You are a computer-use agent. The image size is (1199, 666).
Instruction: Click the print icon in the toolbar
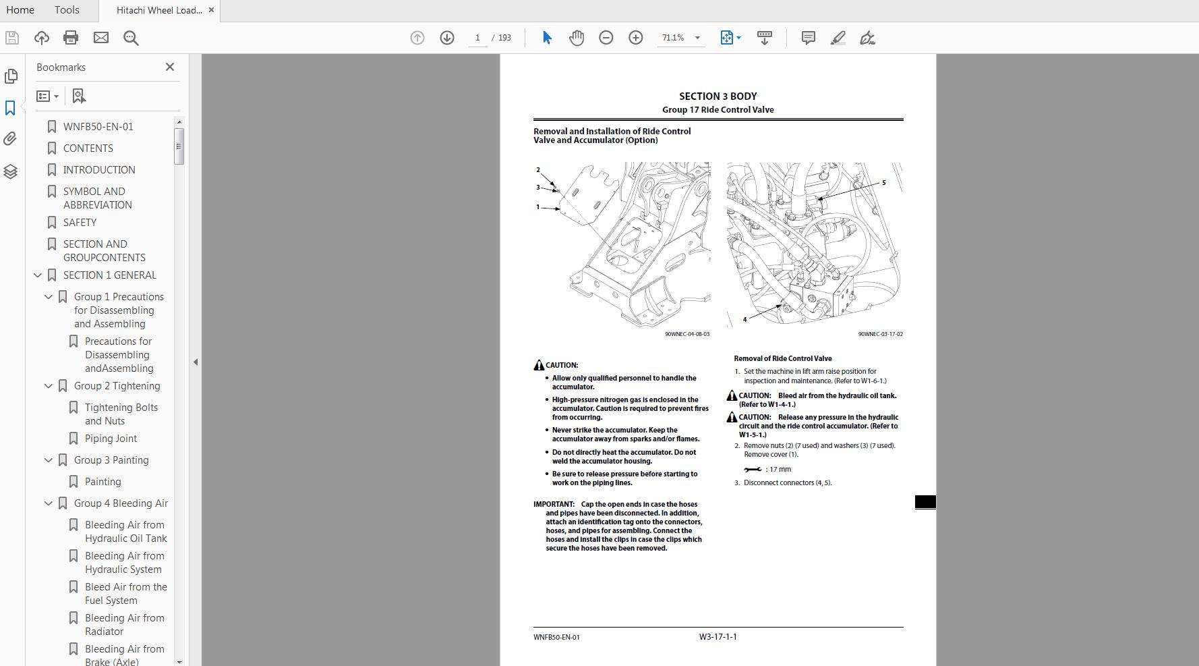coord(71,38)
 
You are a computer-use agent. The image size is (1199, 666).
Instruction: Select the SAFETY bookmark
coord(80,222)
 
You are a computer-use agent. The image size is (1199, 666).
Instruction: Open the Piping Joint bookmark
coord(111,438)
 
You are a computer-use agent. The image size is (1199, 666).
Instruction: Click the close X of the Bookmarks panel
coord(170,67)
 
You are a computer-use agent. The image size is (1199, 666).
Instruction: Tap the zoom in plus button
coord(635,38)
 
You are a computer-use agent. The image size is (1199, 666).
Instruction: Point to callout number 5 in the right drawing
coord(883,182)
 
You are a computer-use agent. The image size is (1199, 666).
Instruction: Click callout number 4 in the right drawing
coord(744,319)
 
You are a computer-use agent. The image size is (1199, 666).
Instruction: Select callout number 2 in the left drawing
coord(538,170)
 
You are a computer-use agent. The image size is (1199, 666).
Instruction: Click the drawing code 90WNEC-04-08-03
coord(686,334)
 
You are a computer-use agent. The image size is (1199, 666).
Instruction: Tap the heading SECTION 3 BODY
coord(718,96)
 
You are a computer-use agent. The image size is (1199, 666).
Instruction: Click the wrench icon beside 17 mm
coord(753,469)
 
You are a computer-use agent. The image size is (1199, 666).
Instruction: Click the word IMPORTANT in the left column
coord(554,504)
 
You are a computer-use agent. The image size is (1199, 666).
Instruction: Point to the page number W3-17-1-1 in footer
coord(718,636)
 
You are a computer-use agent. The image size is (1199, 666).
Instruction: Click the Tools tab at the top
coord(67,10)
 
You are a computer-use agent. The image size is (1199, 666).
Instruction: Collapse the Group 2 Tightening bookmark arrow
coord(49,386)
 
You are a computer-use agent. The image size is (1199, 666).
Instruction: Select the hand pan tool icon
coord(576,38)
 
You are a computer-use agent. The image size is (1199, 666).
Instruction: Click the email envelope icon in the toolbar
coord(101,38)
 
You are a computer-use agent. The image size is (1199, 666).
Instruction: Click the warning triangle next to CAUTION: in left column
coord(539,365)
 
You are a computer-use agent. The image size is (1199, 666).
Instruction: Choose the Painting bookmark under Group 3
coord(103,481)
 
